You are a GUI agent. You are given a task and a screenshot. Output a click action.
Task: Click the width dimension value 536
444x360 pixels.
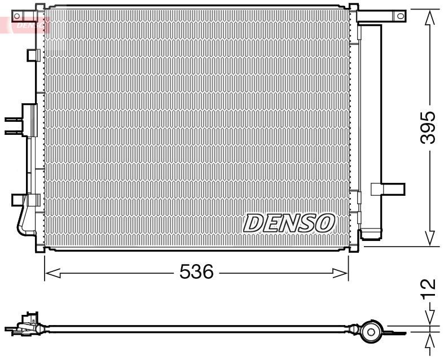pyautogui.click(x=196, y=273)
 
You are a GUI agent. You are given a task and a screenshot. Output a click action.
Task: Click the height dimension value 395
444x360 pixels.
pyautogui.click(x=429, y=128)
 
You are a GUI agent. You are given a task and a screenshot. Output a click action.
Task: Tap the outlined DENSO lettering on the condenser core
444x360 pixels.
pyautogui.click(x=289, y=223)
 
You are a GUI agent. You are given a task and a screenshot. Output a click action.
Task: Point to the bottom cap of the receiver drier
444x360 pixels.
pyautogui.click(x=372, y=232)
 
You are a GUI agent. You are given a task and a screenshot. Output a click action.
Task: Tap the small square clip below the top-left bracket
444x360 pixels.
pyautogui.click(x=32, y=55)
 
